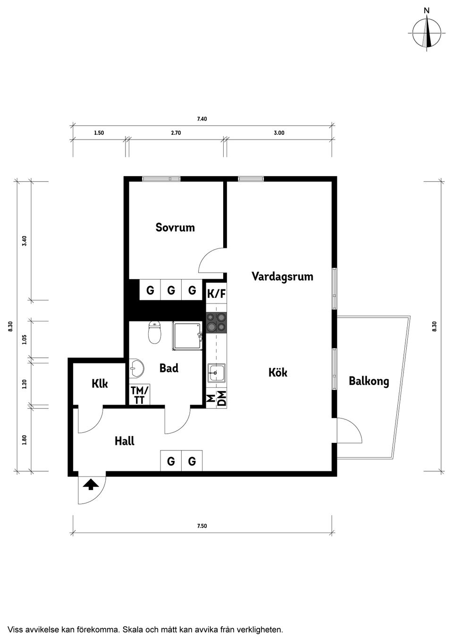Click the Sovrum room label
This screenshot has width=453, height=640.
click(175, 228)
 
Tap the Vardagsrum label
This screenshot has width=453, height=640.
click(282, 276)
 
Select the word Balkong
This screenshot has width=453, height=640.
click(369, 381)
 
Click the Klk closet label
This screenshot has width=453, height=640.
click(100, 384)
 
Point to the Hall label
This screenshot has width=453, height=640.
click(125, 441)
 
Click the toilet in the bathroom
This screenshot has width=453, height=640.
click(154, 333)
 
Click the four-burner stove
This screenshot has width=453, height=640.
click(217, 322)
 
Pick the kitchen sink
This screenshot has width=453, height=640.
click(216, 372)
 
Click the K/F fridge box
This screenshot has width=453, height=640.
click(217, 294)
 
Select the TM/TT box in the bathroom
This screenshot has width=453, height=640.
click(140, 395)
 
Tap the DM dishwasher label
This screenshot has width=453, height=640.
click(221, 399)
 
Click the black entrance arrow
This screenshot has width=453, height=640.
click(90, 484)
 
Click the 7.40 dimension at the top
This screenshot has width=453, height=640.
click(202, 119)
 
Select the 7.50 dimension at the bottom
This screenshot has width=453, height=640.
click(202, 526)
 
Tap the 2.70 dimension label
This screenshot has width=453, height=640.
click(176, 133)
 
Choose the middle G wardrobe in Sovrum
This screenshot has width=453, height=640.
click(171, 291)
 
